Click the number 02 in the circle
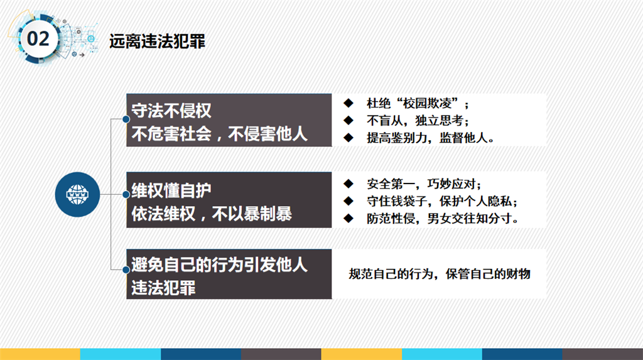pyautogui.click(x=38, y=39)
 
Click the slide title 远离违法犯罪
pyautogui.click(x=157, y=41)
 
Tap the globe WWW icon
pyautogui.click(x=77, y=195)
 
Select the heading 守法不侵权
pyautogui.click(x=171, y=111)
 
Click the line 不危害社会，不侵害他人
pyautogui.click(x=219, y=134)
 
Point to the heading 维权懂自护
pyautogui.click(x=171, y=191)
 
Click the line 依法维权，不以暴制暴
pyautogui.click(x=212, y=214)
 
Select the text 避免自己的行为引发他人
pyautogui.click(x=219, y=265)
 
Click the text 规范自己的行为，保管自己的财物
pyautogui.click(x=440, y=274)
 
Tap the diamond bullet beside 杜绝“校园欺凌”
pyautogui.click(x=349, y=103)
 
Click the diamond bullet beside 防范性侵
pyautogui.click(x=349, y=218)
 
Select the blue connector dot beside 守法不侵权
pyautogui.click(x=126, y=119)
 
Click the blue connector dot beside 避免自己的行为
pyautogui.click(x=126, y=270)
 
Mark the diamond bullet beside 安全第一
pyautogui.click(x=349, y=183)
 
